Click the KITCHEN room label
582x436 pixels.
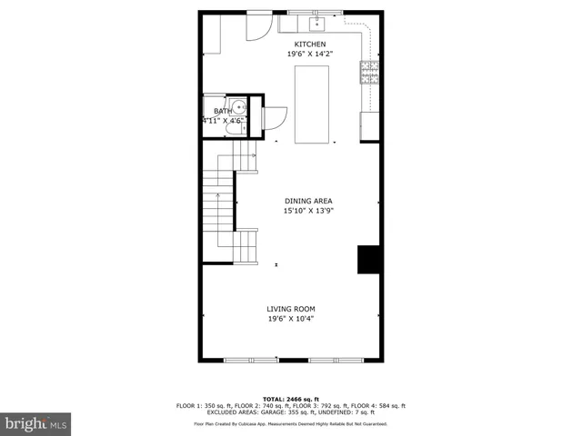309,45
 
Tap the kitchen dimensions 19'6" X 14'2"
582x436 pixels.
309,54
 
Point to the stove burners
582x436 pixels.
369,71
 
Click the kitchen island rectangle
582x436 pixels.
312,104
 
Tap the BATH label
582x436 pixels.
223,111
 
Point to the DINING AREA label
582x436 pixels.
308,201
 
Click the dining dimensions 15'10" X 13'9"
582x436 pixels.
308,211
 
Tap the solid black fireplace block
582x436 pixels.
368,259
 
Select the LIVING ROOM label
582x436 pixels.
291,309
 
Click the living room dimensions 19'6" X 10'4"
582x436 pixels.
291,319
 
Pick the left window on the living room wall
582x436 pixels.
251,360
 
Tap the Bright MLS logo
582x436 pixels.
35,423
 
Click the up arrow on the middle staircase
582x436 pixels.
218,197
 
